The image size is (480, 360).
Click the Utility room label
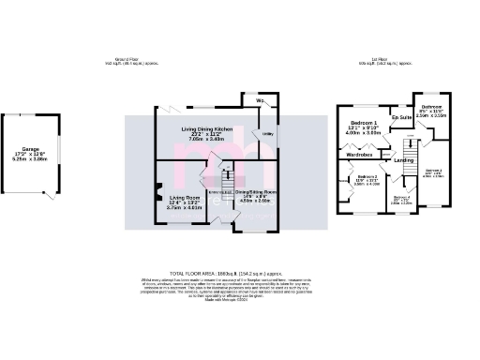click(x=266, y=136)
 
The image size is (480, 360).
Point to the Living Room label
click(x=184, y=198)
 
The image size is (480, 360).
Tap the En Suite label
click(x=401, y=118)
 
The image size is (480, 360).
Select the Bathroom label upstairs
click(x=432, y=108)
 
